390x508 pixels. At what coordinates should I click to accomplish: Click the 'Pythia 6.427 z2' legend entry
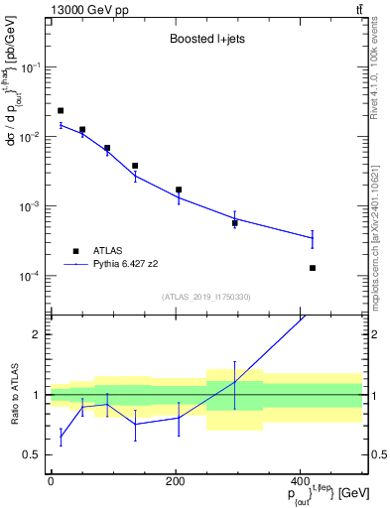pyautogui.click(x=128, y=265)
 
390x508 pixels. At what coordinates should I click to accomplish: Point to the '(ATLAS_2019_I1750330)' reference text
pyautogui.click(x=205, y=296)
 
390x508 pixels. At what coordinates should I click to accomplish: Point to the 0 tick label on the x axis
pyautogui.click(x=51, y=481)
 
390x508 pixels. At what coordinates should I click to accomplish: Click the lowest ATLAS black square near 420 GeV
pyautogui.click(x=313, y=268)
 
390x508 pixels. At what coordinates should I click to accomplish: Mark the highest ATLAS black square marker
pyautogui.click(x=61, y=110)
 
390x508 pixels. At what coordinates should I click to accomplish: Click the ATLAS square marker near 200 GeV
pyautogui.click(x=179, y=190)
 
